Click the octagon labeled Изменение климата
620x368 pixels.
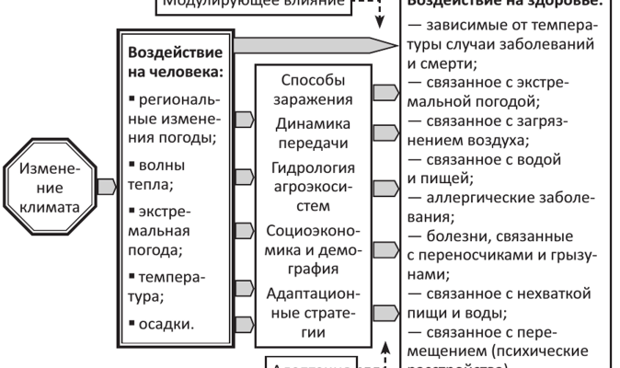pyautogui.click(x=53, y=184)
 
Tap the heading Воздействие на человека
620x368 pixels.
pyautogui.click(x=178, y=61)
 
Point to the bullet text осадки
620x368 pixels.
pyautogui.click(x=166, y=323)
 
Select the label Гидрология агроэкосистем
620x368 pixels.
pyautogui.click(x=312, y=183)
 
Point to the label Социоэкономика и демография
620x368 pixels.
pyautogui.click(x=312, y=248)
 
